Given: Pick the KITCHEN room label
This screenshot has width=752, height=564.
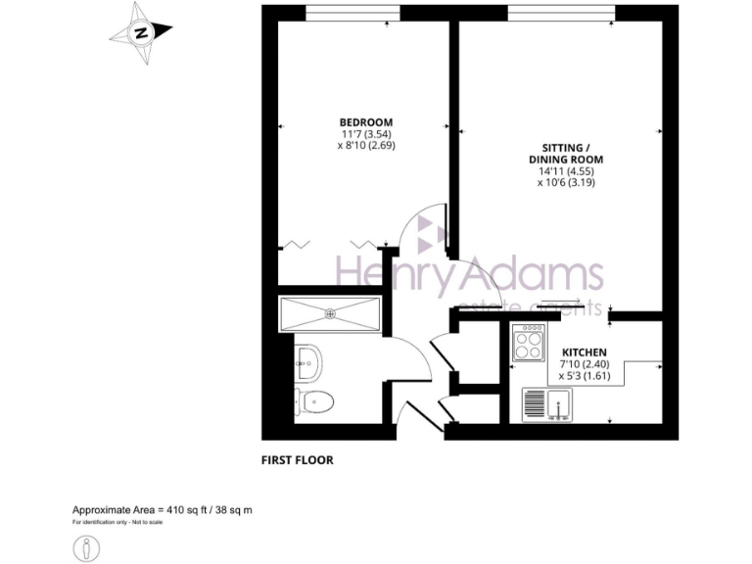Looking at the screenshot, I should (x=584, y=352).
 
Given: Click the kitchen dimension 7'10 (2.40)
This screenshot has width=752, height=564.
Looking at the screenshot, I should (x=584, y=363).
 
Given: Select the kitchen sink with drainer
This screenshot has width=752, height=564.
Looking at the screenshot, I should (x=546, y=404).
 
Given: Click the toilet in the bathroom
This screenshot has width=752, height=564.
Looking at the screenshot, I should (x=314, y=401).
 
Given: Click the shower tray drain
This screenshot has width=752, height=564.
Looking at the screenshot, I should (x=330, y=314).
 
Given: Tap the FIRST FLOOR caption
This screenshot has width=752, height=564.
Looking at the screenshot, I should (x=297, y=459).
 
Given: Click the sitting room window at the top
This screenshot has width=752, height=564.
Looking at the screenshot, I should (x=561, y=12).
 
